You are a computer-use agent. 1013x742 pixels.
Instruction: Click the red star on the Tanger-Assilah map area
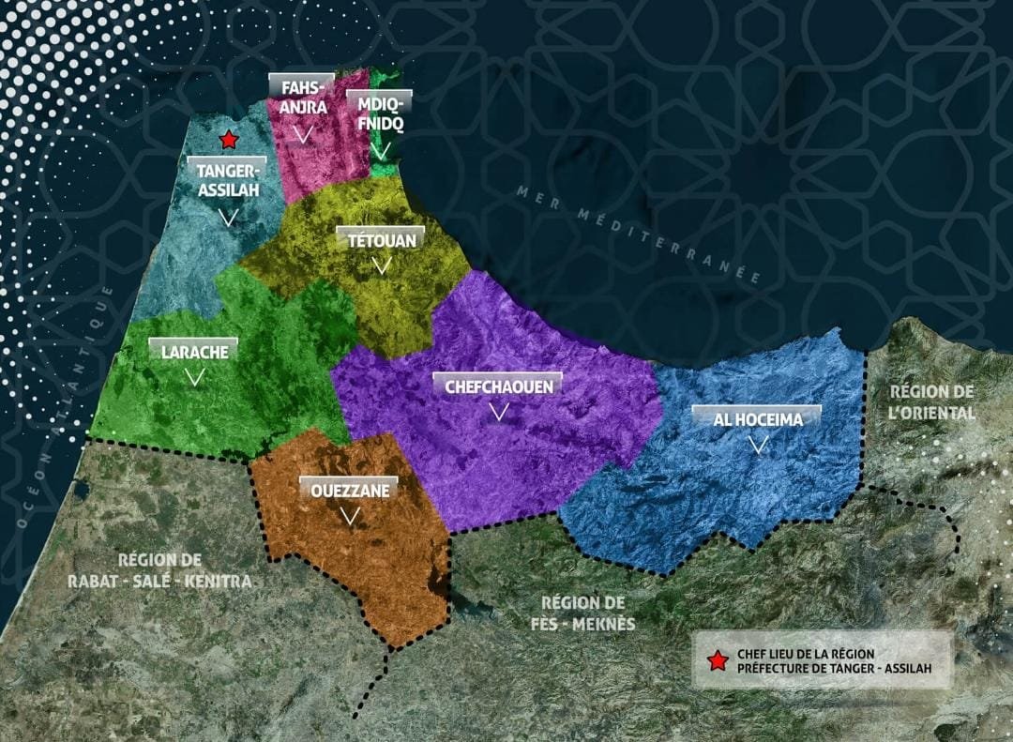227,140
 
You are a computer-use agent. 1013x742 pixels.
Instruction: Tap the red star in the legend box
718,661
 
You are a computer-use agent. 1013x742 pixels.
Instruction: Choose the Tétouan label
382,240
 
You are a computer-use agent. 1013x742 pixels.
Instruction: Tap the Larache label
194,352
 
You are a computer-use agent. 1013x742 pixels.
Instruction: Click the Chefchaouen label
498,386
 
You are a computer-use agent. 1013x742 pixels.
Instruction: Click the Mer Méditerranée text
638,235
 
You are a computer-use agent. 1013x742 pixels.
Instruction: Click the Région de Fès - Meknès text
588,613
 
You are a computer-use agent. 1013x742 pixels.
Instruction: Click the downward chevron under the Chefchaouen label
499,412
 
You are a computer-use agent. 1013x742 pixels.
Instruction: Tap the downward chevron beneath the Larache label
194,378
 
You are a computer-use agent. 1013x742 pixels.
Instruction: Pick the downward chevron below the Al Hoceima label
758,446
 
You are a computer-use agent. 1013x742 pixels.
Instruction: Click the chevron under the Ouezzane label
349,516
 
